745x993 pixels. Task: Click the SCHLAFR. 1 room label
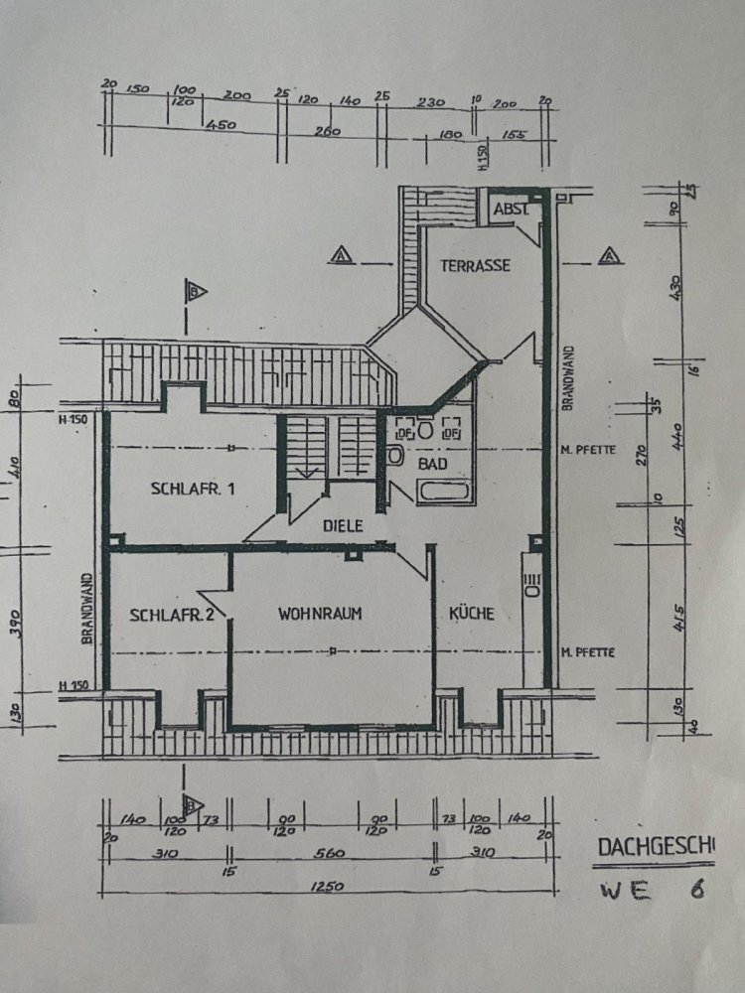pyautogui.click(x=193, y=488)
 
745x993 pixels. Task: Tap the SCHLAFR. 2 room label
pyautogui.click(x=172, y=614)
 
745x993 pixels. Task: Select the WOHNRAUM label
pyautogui.click(x=320, y=614)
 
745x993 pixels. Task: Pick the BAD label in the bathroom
pyautogui.click(x=432, y=464)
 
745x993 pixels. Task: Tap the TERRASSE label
pyautogui.click(x=476, y=265)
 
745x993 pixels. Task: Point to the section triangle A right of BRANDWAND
pyautogui.click(x=608, y=255)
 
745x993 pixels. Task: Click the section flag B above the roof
pyautogui.click(x=196, y=291)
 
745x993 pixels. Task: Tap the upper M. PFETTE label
pyautogui.click(x=587, y=449)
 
